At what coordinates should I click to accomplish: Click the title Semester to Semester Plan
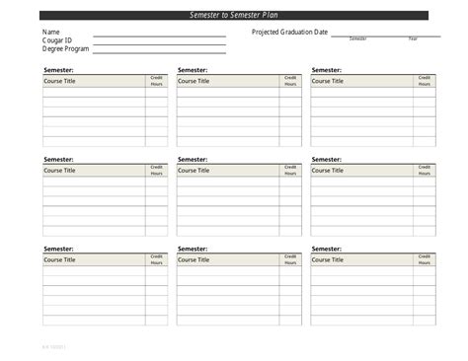pos(234,15)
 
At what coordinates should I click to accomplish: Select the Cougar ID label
pos(57,40)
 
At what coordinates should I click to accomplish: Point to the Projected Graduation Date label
pos(289,33)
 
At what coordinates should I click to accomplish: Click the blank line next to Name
pos(159,36)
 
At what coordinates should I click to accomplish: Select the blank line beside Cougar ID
pos(159,43)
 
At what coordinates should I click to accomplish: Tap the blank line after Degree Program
pos(159,51)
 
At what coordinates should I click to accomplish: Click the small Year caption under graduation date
pos(413,38)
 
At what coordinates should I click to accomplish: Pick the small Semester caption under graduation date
pos(357,38)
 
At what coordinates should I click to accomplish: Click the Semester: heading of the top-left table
pos(58,70)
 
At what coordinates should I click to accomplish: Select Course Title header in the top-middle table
pos(194,81)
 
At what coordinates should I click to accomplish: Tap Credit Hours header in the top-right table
pos(424,81)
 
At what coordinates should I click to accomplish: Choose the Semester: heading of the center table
pos(193,159)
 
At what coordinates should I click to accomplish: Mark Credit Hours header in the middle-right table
pos(424,170)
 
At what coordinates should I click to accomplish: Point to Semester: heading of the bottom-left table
pos(58,249)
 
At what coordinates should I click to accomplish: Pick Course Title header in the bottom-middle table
pos(194,259)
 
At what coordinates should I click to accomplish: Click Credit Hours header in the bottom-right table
pos(424,259)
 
